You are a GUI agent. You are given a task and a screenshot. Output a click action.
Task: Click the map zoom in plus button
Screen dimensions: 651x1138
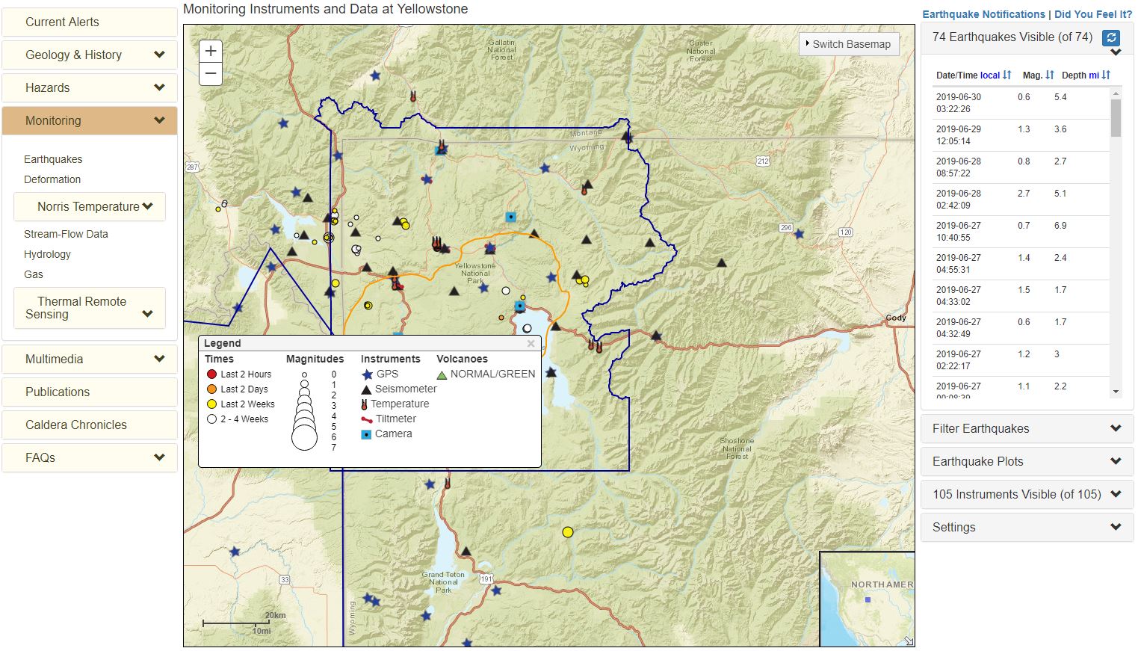click(211, 51)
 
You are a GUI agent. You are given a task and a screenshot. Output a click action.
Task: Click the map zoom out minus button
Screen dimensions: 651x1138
click(211, 73)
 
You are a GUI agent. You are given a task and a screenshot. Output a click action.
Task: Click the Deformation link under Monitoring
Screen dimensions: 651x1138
click(52, 179)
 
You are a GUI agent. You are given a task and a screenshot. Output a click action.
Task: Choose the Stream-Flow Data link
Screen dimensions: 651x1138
click(66, 234)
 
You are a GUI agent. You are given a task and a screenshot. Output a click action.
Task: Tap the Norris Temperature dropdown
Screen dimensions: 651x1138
click(90, 206)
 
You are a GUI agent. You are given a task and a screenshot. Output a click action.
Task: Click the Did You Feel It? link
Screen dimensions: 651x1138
click(1092, 14)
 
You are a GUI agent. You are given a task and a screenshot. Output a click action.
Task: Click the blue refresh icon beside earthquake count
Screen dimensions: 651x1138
click(1111, 38)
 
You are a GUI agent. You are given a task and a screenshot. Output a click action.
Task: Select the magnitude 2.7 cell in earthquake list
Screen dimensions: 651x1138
click(1024, 194)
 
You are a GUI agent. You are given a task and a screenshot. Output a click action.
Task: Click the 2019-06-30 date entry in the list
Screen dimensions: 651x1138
click(959, 103)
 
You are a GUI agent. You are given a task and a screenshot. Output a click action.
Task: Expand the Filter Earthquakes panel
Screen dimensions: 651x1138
click(1027, 428)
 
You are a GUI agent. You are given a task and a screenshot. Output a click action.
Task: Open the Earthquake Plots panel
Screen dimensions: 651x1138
click(1027, 461)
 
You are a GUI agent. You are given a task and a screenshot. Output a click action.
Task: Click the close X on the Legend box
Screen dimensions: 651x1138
click(531, 344)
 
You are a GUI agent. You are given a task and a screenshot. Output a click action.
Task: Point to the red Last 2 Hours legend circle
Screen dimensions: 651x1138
click(211, 374)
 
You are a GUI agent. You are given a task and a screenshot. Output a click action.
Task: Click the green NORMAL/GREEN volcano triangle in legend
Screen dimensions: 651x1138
click(442, 374)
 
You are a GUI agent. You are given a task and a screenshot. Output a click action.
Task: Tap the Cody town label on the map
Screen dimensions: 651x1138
click(895, 318)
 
